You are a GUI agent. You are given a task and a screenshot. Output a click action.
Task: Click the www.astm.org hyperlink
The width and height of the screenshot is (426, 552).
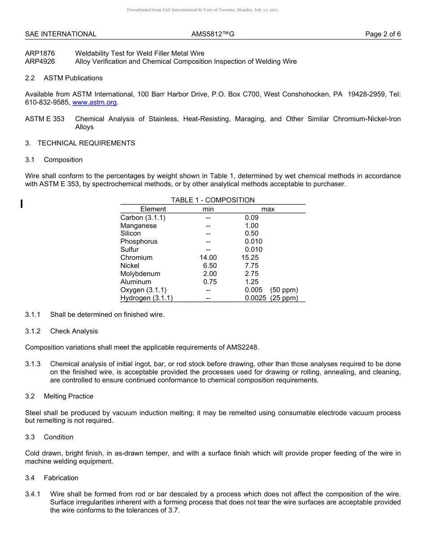coord(94,102)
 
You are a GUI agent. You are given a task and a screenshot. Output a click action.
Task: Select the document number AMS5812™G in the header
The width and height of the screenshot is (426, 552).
coord(213,34)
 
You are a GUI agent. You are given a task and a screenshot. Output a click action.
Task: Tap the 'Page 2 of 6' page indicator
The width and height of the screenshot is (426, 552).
coord(383,34)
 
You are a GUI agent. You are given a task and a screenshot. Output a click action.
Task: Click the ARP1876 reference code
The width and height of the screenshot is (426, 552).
coord(40,53)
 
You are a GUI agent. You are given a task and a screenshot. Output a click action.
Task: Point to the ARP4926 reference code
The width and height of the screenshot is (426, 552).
coord(40,61)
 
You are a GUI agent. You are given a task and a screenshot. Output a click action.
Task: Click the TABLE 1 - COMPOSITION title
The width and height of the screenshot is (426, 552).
coord(213,200)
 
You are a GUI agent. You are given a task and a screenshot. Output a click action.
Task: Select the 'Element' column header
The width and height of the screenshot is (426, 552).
coord(153,209)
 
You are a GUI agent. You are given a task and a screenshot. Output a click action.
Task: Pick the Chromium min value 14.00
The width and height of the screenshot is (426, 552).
coord(208,258)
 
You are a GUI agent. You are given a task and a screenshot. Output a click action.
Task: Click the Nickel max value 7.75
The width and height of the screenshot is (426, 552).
coord(252,266)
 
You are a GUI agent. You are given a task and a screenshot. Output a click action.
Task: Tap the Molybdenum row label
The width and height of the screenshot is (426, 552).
coord(140,274)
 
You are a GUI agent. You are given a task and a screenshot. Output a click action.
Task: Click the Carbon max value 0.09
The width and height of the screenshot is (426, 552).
coord(252,218)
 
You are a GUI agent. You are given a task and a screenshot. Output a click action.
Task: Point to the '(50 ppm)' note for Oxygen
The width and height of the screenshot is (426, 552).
coord(284,290)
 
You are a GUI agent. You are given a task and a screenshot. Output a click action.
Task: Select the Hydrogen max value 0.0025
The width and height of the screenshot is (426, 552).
coord(255,298)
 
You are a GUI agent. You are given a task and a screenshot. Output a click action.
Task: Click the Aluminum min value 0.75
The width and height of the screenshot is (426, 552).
coord(209,282)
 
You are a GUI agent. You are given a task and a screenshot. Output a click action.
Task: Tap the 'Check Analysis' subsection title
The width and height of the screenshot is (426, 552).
coord(74,331)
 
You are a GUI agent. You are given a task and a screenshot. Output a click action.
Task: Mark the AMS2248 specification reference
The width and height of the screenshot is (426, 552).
coord(242,347)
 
